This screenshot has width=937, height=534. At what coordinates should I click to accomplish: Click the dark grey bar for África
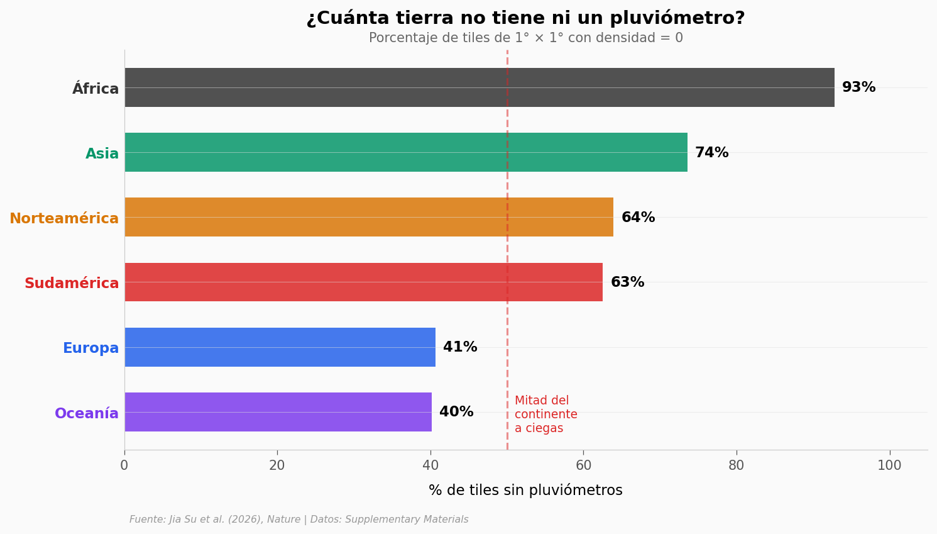pos(479,87)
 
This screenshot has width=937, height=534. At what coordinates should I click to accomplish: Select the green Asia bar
pos(405,152)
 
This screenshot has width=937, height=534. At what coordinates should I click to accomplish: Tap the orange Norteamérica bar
pos(368,217)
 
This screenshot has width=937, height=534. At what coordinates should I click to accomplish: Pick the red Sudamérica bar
pos(363,282)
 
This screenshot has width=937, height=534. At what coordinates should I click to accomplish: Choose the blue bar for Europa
pos(280,347)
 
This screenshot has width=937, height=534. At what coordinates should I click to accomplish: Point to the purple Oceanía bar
pos(278,412)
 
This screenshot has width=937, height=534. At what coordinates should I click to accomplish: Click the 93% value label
pos(858,87)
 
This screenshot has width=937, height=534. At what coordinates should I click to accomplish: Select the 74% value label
pos(711,153)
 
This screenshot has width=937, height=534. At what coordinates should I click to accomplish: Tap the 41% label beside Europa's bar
pos(460,347)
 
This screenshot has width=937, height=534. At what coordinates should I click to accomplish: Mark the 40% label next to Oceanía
pos(456,412)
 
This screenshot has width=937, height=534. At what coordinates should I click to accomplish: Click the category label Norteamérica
pos(64,218)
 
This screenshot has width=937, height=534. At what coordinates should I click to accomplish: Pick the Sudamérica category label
pos(72,283)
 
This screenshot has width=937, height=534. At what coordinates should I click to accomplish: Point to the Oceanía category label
pos(87,413)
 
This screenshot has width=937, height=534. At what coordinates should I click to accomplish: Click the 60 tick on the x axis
pos(583,465)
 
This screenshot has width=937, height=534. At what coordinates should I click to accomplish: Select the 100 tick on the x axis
pos(889,465)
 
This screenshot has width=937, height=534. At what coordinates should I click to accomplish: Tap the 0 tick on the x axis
pos(124,465)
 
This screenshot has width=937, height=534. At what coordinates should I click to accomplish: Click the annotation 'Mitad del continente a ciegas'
pos(545,414)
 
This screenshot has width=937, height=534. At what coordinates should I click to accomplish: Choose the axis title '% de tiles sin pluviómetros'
pos(525,491)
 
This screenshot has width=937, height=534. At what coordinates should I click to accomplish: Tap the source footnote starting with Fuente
pos(299,520)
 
